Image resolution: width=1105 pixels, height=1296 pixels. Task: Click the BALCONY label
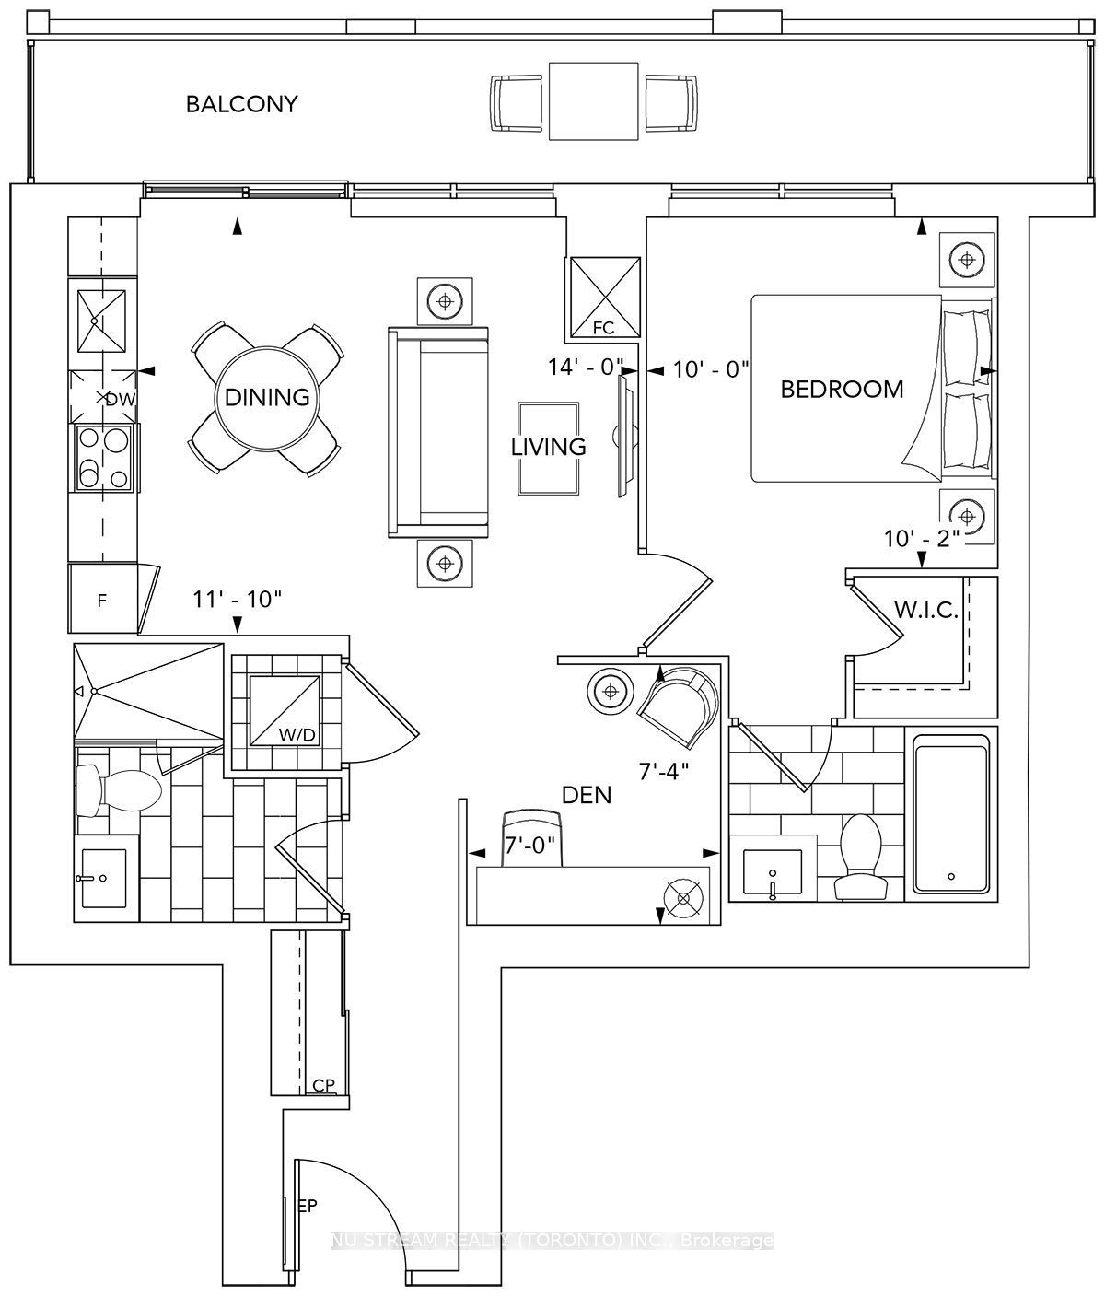241,104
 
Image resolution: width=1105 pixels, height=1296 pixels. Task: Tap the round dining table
267,398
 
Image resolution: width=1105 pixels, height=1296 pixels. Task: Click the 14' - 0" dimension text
586,367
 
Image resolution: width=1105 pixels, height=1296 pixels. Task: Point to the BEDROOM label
842,390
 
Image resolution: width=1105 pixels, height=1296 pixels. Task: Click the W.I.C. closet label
925,610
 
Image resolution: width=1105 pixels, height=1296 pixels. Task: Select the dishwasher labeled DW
103,397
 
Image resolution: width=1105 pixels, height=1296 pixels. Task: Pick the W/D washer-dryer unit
285,710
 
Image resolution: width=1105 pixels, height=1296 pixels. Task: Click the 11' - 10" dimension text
237,600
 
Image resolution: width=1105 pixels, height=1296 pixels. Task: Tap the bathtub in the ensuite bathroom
951,814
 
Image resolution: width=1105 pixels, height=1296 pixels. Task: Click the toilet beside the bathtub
860,858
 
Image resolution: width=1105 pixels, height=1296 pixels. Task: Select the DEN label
587,796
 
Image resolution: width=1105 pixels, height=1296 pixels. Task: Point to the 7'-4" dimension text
664,771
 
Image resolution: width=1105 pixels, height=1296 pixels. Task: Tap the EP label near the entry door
308,1207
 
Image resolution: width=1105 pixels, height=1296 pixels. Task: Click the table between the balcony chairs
594,101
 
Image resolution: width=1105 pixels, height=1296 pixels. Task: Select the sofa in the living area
438,432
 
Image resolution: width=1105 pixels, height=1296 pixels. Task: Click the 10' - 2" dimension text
922,539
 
